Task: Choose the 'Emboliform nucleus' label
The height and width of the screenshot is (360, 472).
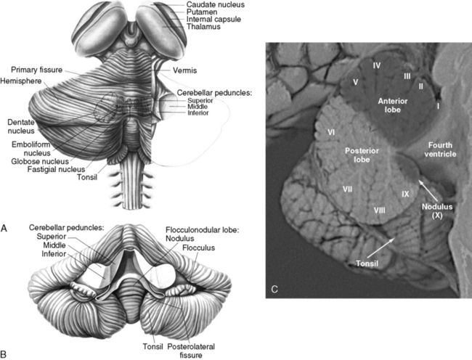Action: tap(30, 148)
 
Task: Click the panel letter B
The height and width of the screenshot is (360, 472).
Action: tap(5, 353)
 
